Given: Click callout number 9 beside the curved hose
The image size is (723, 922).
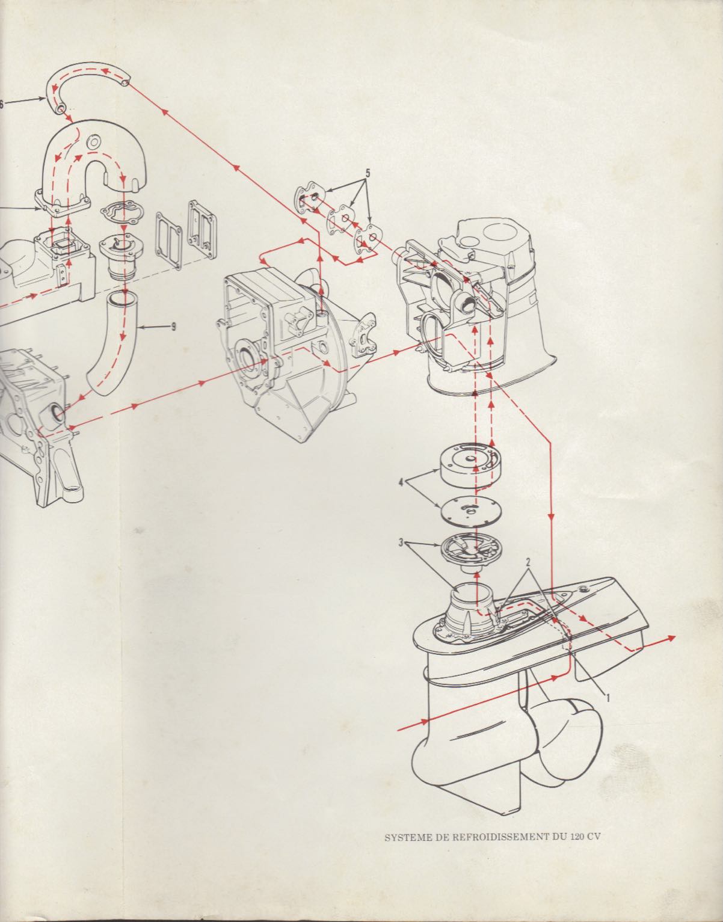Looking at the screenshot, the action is coord(174,327).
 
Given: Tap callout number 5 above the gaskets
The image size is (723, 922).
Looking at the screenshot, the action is coord(368,173).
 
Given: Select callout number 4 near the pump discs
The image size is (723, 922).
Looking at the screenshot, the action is coord(401,482).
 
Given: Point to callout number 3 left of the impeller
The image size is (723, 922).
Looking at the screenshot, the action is coord(401,542).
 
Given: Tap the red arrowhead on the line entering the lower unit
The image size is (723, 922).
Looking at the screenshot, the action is coord(424,721).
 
